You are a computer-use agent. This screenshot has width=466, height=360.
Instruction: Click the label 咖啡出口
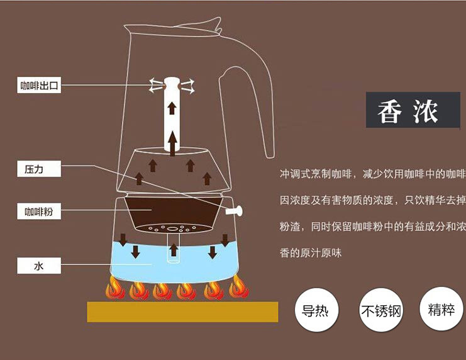(x=39, y=86)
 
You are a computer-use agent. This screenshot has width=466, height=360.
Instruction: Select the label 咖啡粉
(x=39, y=212)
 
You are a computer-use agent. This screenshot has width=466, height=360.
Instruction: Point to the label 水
(x=39, y=266)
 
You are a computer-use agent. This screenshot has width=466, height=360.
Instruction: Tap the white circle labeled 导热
(x=316, y=310)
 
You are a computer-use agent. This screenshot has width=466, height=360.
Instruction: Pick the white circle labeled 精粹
(x=441, y=310)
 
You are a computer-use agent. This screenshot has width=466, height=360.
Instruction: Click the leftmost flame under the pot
(x=114, y=289)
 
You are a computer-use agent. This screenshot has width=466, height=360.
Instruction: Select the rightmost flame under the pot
(x=238, y=288)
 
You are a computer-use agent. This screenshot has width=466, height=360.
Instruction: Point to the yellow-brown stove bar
(x=182, y=312)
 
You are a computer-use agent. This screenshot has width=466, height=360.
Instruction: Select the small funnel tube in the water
(x=173, y=249)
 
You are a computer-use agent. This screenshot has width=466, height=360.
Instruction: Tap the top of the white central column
(x=171, y=81)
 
